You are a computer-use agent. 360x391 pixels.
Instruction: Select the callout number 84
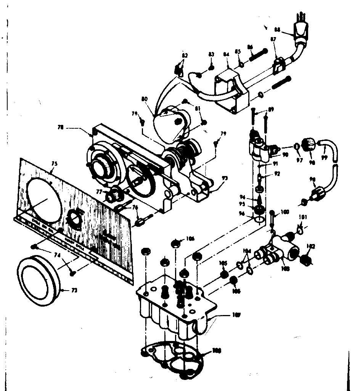tap(227, 55)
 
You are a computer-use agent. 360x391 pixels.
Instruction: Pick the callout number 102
tap(311, 246)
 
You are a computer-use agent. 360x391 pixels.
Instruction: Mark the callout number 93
tap(225, 178)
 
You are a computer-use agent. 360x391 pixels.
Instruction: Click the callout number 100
tap(284, 211)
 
